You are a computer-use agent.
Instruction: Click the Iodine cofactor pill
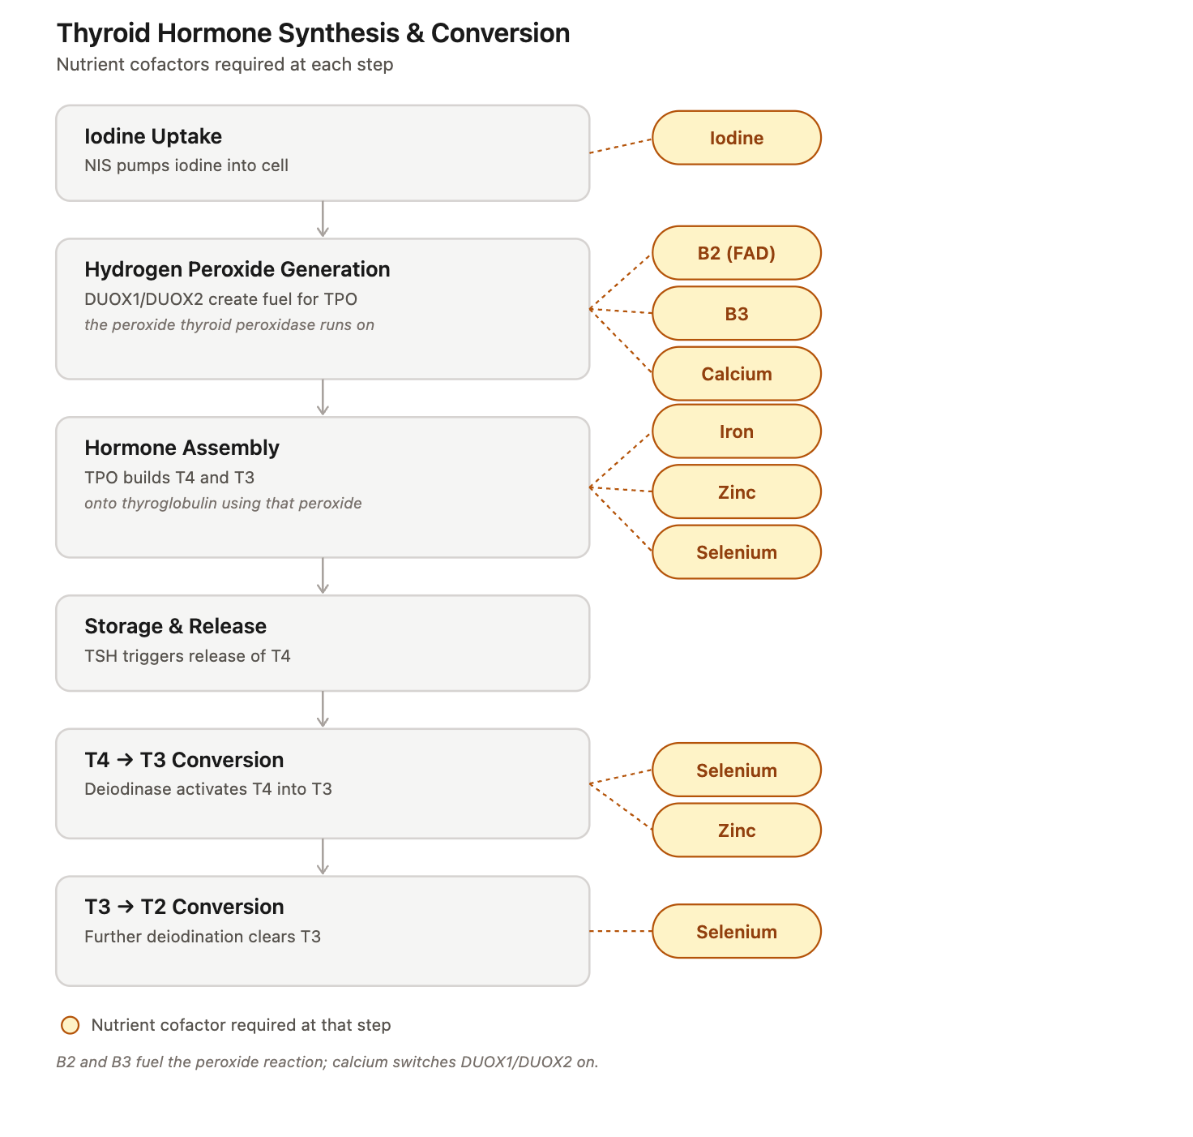(x=736, y=138)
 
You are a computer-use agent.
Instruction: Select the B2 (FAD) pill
(x=736, y=253)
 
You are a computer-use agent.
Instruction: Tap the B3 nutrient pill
(x=736, y=313)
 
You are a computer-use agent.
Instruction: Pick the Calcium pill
(x=736, y=374)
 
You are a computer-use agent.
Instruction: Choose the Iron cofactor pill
(x=736, y=431)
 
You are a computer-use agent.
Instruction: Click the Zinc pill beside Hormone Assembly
(x=736, y=492)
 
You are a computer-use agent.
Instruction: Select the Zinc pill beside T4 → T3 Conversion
(x=736, y=830)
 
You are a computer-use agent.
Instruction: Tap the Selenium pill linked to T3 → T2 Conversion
(x=736, y=931)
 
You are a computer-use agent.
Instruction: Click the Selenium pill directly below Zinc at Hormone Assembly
(x=736, y=552)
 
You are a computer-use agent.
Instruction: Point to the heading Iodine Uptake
(x=153, y=137)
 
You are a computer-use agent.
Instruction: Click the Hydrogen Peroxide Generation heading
(x=237, y=269)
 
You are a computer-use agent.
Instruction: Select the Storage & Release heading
(x=175, y=626)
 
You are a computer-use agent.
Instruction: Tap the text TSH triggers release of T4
(x=187, y=656)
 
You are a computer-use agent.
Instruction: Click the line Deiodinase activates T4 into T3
(x=208, y=789)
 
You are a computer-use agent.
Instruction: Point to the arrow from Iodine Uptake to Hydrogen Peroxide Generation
(x=323, y=219)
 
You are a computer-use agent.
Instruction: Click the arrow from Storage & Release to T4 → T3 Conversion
(x=323, y=710)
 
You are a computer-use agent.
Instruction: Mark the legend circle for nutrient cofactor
(x=71, y=1025)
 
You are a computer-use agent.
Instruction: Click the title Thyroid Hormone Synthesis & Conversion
(x=313, y=33)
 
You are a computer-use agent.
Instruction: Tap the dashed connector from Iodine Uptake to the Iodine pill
(x=621, y=146)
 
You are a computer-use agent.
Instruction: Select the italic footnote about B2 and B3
(x=327, y=1062)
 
